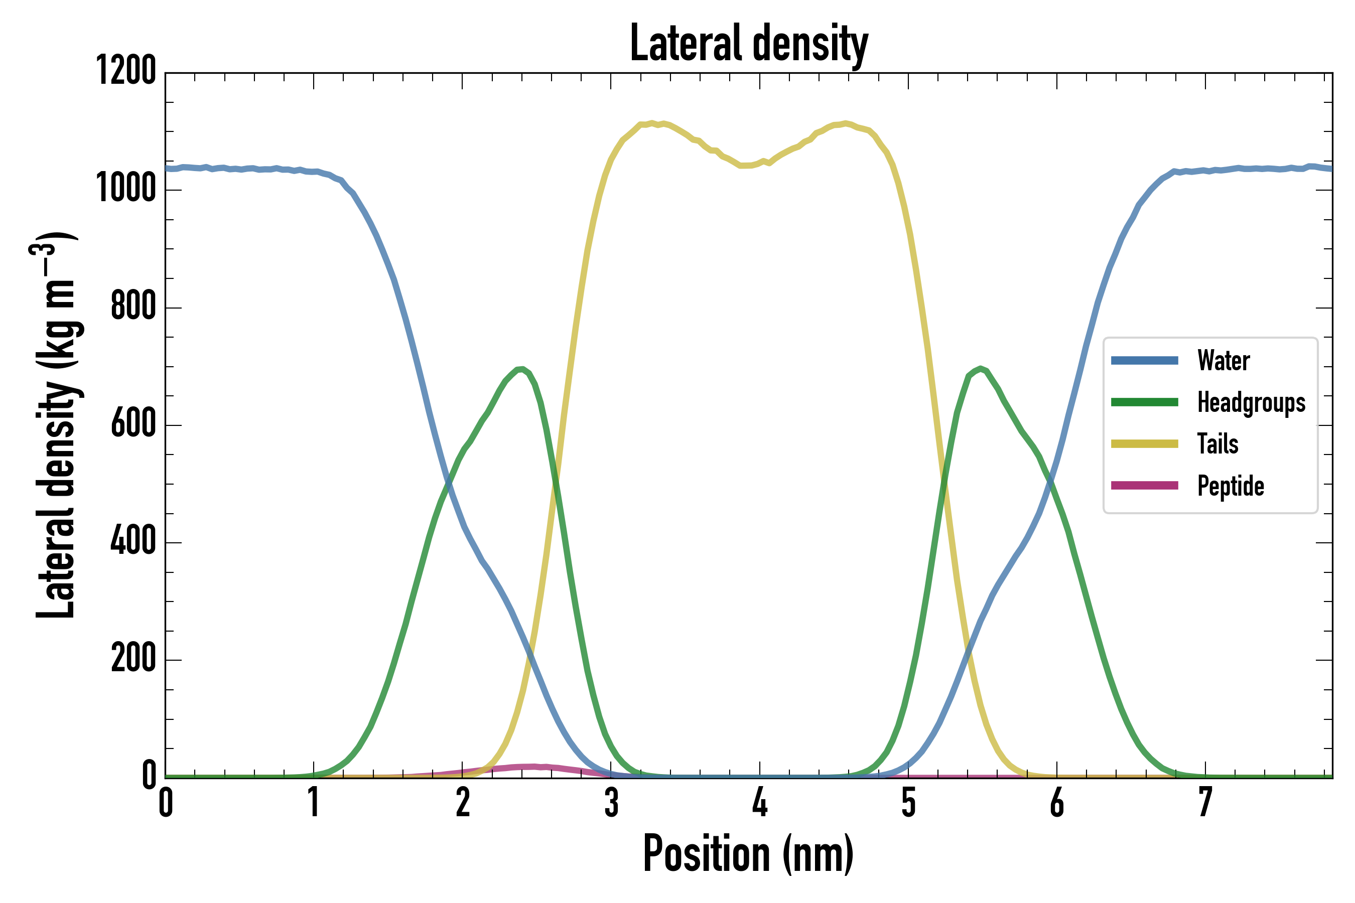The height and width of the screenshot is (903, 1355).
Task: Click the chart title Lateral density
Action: tap(749, 43)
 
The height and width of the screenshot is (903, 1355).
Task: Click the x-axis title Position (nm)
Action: tap(748, 853)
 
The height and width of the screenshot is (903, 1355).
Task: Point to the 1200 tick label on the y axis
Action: tap(125, 71)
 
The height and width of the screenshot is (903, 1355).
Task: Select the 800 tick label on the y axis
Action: tap(133, 306)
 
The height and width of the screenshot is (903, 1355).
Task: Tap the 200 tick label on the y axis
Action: tap(133, 658)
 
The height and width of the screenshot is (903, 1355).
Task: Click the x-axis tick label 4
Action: tap(760, 803)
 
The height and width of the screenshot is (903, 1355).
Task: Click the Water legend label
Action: tap(1224, 361)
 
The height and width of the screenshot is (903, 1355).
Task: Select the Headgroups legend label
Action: tap(1251, 402)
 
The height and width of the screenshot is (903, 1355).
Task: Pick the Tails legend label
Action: tap(1218, 444)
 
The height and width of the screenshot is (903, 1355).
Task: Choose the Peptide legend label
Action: tap(1231, 486)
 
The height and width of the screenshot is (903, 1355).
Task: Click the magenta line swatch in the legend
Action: tap(1144, 486)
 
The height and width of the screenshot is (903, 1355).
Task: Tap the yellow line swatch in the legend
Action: tap(1144, 443)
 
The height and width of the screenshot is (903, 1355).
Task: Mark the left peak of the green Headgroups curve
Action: tap(521, 369)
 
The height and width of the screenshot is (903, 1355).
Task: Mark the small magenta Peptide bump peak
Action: tap(533, 767)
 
